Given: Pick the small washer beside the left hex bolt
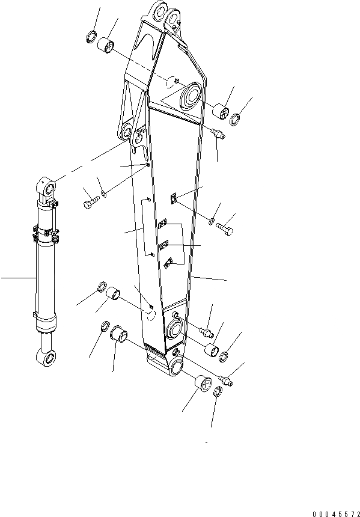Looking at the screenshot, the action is [x=104, y=194].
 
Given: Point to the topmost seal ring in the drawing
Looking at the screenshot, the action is [x=91, y=36].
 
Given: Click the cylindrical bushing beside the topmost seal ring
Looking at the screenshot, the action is [x=106, y=45].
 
